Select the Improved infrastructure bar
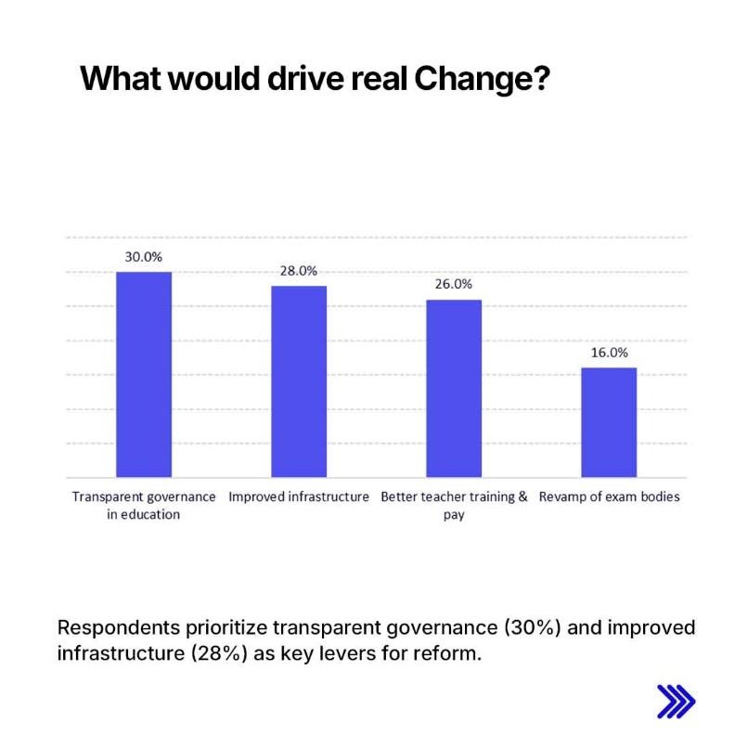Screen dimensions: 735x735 (299, 381)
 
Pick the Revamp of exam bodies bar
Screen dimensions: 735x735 (609, 422)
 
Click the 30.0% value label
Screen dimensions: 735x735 (144, 256)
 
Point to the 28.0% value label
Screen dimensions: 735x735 (299, 271)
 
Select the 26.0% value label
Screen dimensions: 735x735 (454, 285)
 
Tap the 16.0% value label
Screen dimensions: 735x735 (609, 353)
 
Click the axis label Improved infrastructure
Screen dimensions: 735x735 (299, 496)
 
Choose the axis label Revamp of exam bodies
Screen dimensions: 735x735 (609, 496)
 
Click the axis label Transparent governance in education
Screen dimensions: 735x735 (144, 505)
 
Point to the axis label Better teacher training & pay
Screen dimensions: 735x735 (454, 505)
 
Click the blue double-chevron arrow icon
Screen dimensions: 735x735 (676, 702)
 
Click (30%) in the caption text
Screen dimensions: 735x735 (531, 627)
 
